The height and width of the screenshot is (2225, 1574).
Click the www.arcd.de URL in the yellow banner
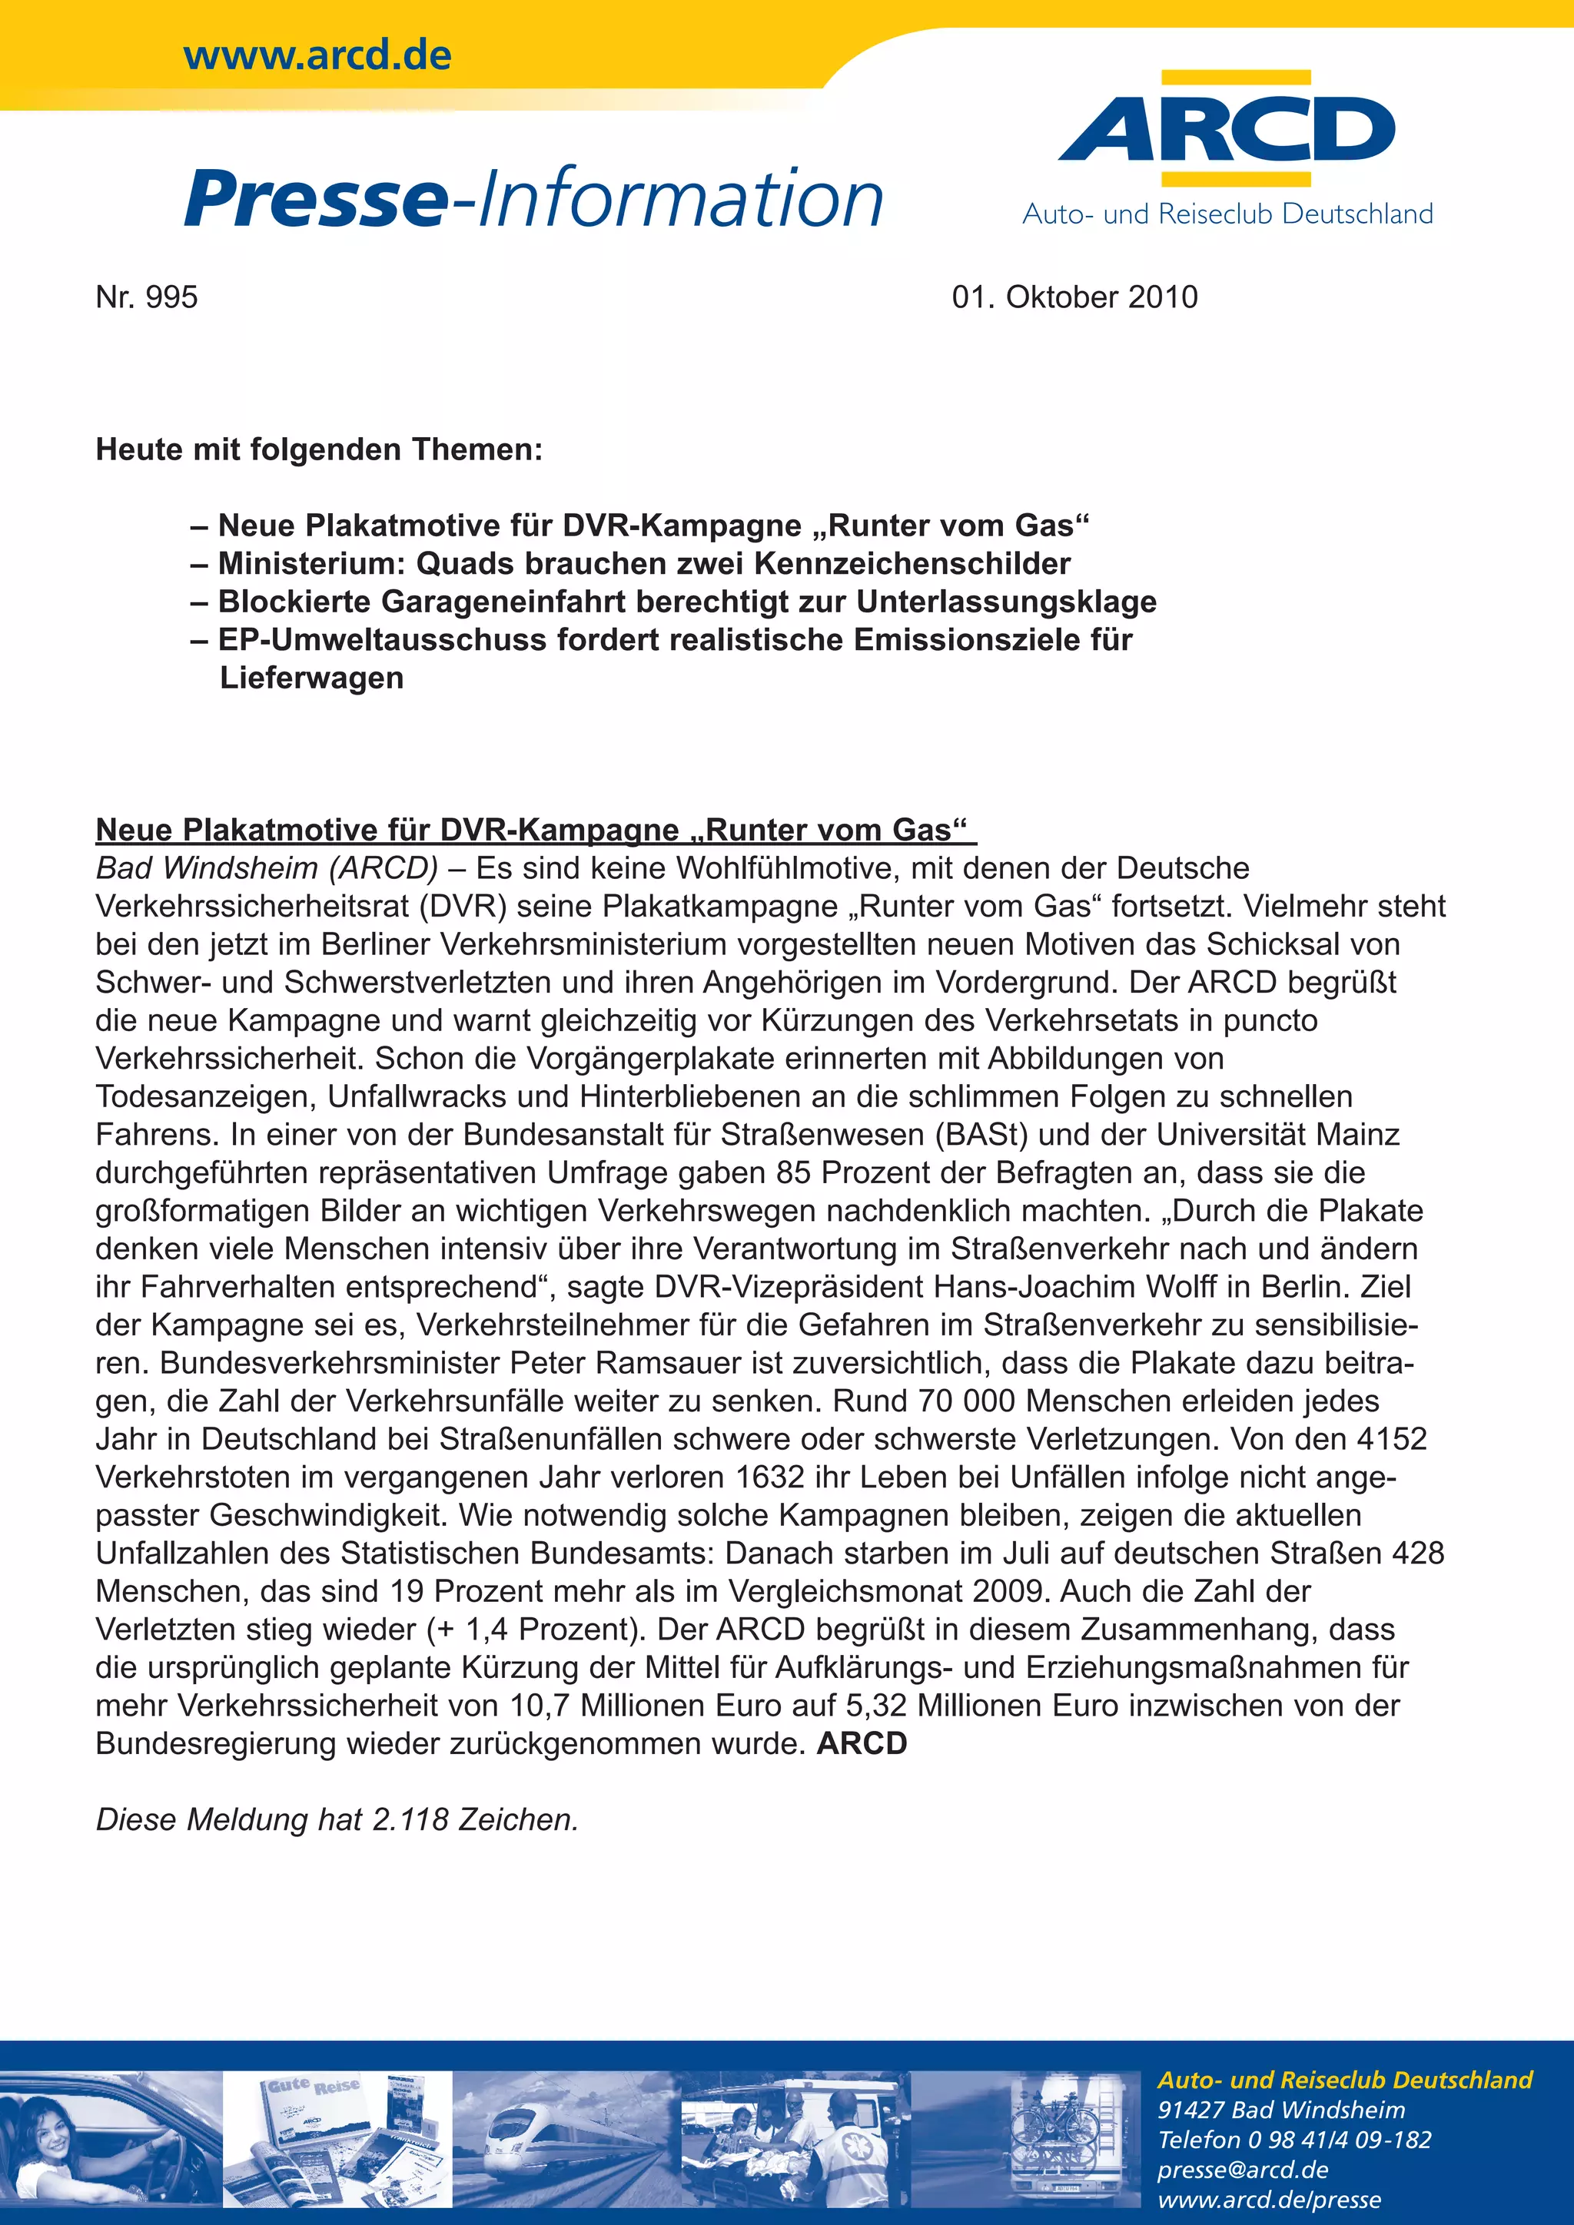pos(317,55)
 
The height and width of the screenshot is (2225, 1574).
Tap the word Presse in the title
pos(315,199)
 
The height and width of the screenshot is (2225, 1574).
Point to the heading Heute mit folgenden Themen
pos(319,449)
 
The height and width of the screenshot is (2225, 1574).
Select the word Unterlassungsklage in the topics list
pos(1006,602)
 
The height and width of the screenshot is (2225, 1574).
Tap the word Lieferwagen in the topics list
pos(311,678)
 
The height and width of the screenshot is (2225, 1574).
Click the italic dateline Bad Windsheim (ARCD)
pos(267,867)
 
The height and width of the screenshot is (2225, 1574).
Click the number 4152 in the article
pos(1392,1438)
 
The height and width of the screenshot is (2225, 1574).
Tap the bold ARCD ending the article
pos(862,1743)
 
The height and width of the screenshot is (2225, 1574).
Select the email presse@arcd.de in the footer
pos(1243,2169)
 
